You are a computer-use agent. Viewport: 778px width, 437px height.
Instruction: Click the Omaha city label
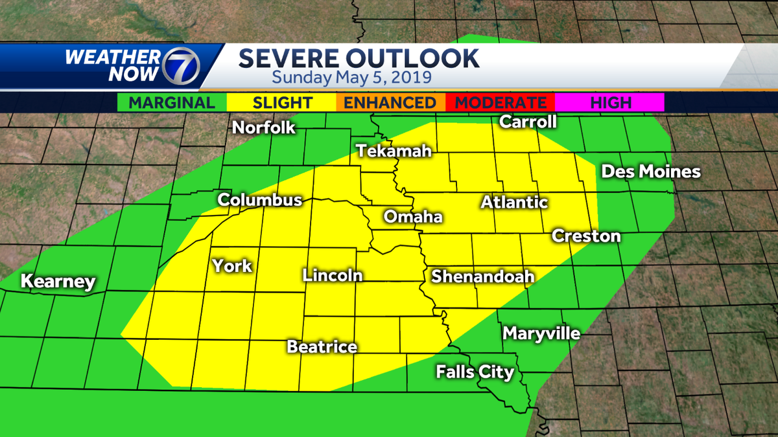[413, 217]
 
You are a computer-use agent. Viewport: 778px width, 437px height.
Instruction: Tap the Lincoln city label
[332, 275]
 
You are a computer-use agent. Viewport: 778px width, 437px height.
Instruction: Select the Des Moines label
[651, 172]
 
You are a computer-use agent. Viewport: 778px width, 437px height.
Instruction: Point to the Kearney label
[58, 282]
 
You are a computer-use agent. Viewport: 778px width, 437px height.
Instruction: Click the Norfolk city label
[264, 128]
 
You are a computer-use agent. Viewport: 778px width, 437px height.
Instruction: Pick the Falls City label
[475, 372]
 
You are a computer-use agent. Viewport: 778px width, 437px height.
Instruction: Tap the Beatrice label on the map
[322, 347]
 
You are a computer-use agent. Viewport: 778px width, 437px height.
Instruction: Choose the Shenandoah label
[482, 276]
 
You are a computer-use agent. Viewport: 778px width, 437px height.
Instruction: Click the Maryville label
[541, 334]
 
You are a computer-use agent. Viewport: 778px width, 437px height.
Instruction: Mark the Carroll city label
[528, 122]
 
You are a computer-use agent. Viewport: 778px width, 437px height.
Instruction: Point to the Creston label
[586, 236]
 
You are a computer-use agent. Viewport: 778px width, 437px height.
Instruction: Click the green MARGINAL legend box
[172, 102]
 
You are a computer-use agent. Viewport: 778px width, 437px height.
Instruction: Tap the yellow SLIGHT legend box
[281, 102]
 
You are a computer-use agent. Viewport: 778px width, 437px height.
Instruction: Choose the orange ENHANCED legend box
[390, 102]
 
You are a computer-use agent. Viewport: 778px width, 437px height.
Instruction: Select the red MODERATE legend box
[500, 102]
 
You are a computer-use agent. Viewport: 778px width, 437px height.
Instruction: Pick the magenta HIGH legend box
[610, 102]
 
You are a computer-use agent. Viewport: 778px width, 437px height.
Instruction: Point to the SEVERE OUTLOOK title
[359, 58]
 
